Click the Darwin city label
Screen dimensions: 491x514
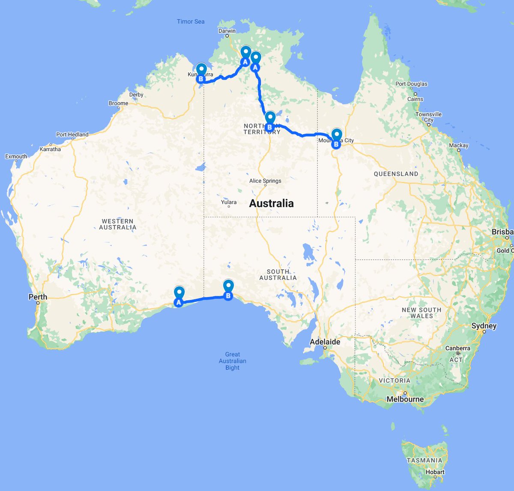[x=227, y=31]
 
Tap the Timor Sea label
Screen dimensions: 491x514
[x=191, y=21]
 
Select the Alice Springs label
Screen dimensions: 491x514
[x=265, y=181]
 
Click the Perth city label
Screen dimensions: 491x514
[x=38, y=297]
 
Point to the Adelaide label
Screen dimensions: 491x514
[x=325, y=342]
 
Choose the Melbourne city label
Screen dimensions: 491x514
[x=405, y=399]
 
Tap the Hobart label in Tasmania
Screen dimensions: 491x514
[x=435, y=472]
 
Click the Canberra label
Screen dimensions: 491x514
[x=457, y=348]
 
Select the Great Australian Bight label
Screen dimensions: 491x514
[x=233, y=361]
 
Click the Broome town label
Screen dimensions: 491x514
[x=118, y=103]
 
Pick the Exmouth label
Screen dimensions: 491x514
[x=16, y=156]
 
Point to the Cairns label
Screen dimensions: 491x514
[x=415, y=99]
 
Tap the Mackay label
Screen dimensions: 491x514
[x=459, y=146]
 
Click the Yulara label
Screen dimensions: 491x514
[x=229, y=202]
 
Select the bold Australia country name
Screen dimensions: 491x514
[x=272, y=203]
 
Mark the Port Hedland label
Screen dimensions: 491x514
[x=72, y=134]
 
